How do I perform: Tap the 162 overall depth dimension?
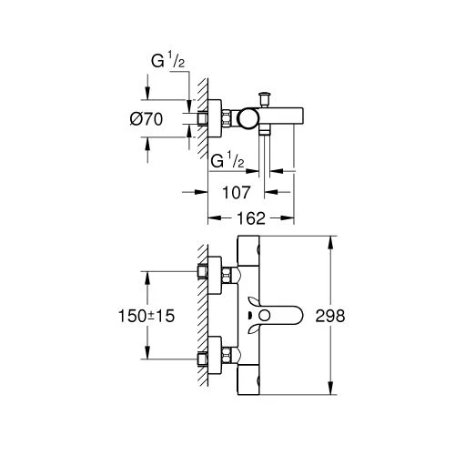tap(251, 219)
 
